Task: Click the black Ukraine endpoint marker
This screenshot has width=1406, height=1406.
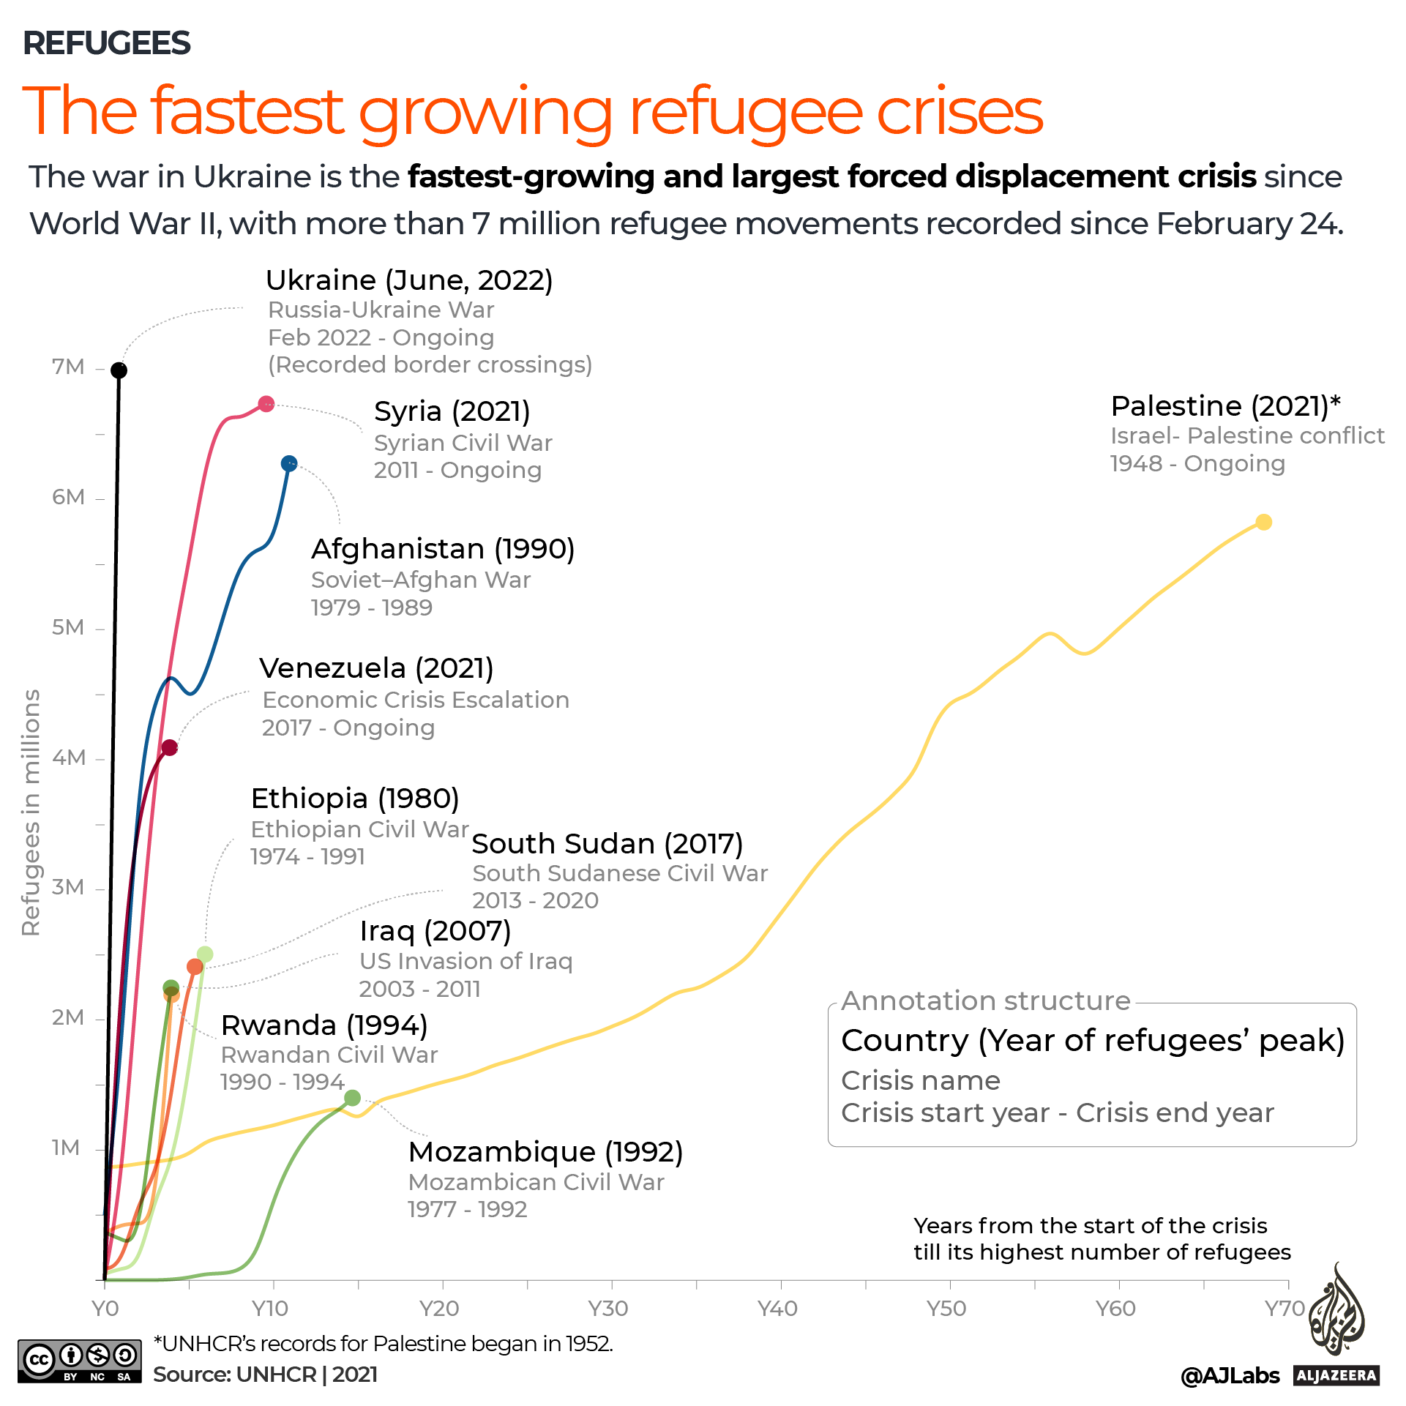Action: (x=119, y=370)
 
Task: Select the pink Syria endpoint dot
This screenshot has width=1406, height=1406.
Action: (x=266, y=404)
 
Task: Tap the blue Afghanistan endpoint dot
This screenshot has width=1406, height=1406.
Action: (x=289, y=463)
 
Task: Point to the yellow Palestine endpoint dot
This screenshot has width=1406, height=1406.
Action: (x=1263, y=522)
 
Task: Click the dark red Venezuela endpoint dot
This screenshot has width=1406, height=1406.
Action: (x=170, y=747)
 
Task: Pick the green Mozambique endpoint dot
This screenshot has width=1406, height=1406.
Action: (x=352, y=1098)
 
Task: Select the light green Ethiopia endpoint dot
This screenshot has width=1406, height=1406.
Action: (x=205, y=954)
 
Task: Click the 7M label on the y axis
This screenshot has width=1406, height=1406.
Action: (x=68, y=367)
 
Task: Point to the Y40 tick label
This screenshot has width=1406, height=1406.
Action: (x=777, y=1308)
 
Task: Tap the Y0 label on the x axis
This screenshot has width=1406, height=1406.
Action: (x=105, y=1308)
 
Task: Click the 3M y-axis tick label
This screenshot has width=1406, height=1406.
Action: (x=68, y=888)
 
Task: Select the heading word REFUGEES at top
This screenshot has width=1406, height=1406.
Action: (x=107, y=43)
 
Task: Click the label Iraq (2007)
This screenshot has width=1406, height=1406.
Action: (x=435, y=931)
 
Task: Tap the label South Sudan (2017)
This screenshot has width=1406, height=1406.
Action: (x=607, y=844)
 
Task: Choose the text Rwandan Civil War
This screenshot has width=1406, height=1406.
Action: (x=329, y=1055)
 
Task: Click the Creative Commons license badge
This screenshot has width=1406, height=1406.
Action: (x=79, y=1361)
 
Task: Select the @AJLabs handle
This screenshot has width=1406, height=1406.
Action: (x=1230, y=1376)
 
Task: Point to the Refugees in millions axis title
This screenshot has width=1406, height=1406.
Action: (x=31, y=812)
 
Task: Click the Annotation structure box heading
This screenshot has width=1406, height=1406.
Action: (x=985, y=1001)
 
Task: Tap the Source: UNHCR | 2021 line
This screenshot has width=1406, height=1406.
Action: (x=265, y=1375)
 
